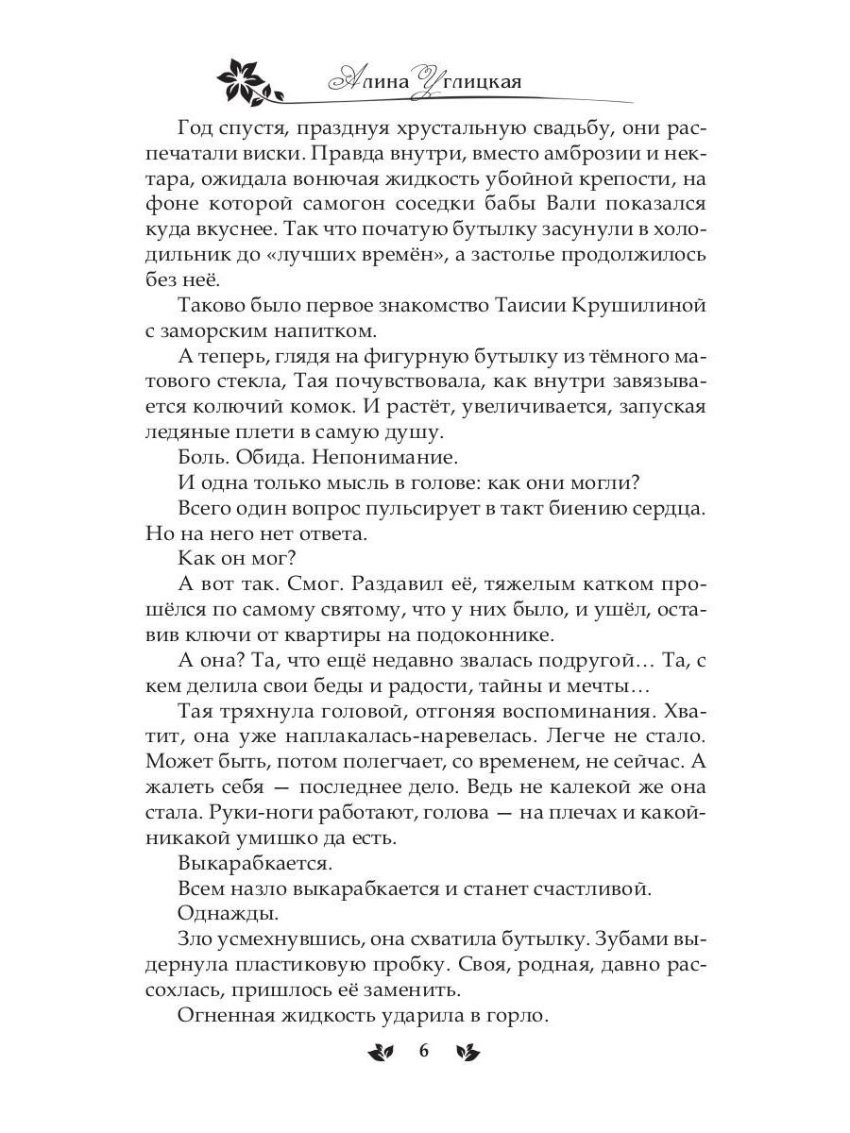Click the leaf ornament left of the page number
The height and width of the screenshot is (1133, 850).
click(x=381, y=1052)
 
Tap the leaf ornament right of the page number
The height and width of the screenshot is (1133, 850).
click(x=467, y=1052)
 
